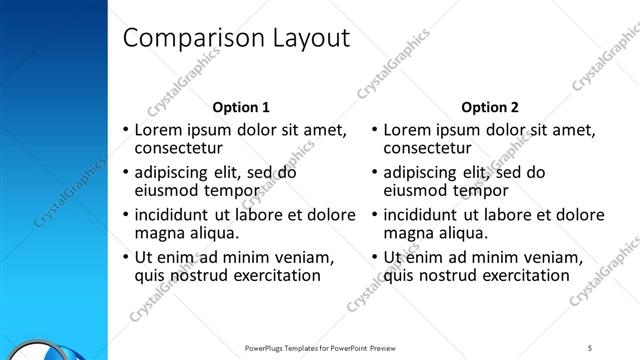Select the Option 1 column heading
pos(241,107)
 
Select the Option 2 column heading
pos(490,107)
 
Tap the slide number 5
pos(591,347)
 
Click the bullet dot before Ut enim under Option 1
pos(125,258)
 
